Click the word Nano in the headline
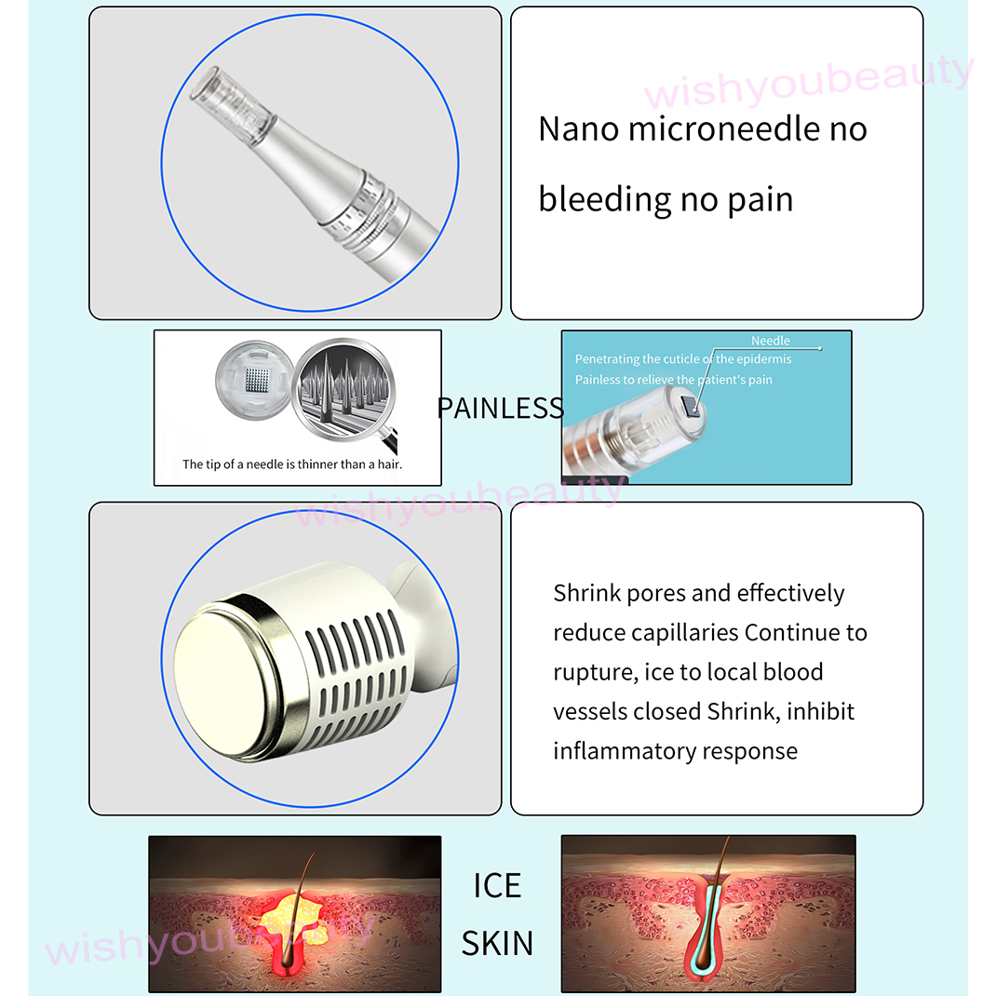tap(579, 129)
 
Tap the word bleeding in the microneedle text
tap(605, 199)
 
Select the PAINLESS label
tap(500, 408)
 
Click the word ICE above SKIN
tap(497, 886)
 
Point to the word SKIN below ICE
tap(497, 943)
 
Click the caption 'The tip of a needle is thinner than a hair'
tap(292, 464)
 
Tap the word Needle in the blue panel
tap(770, 342)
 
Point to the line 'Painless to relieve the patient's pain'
tap(673, 380)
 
